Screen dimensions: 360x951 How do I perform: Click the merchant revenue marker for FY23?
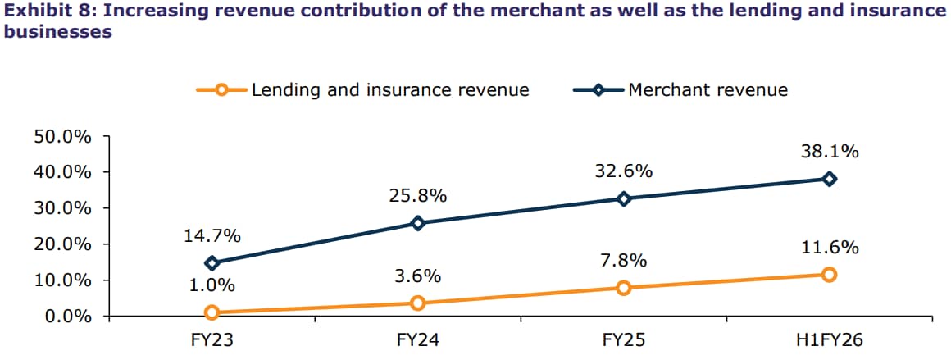(x=212, y=263)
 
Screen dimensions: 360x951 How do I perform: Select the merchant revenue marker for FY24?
(x=418, y=223)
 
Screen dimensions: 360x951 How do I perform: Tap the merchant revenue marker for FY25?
(x=624, y=198)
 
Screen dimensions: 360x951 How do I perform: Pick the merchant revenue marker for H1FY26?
(x=830, y=179)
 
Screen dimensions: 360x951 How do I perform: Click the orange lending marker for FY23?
(x=212, y=312)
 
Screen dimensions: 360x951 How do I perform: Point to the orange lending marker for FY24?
(x=418, y=303)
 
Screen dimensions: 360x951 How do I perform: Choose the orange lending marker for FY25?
(x=624, y=288)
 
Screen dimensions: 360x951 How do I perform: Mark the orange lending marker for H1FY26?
(x=830, y=275)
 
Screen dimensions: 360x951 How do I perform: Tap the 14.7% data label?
(x=212, y=236)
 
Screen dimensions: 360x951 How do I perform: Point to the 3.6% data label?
(x=418, y=276)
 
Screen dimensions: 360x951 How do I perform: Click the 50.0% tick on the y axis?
(x=62, y=136)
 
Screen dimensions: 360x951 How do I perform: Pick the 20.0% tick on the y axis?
(x=62, y=244)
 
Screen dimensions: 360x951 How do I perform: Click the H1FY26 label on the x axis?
(x=830, y=339)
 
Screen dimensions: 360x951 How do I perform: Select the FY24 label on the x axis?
(x=418, y=339)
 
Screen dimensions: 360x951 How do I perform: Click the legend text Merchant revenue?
(x=708, y=89)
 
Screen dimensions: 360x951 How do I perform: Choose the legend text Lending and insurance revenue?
(x=390, y=89)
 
